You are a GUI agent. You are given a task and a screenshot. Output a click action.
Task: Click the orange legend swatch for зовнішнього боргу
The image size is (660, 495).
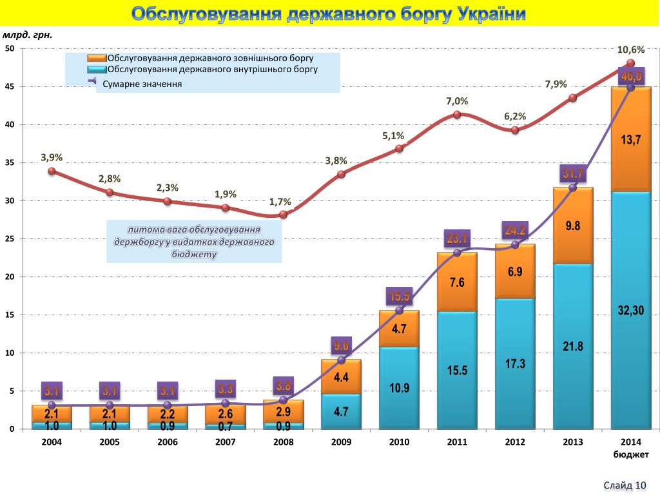(97, 58)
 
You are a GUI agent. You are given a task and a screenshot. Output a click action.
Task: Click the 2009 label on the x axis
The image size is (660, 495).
(341, 442)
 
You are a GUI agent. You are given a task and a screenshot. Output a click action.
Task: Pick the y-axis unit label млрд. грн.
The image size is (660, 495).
(28, 35)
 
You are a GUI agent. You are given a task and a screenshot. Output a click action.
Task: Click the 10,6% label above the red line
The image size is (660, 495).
(630, 50)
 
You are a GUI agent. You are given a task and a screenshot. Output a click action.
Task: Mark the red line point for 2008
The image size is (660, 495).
(283, 215)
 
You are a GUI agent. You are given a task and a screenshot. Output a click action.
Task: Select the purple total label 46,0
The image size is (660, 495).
(631, 77)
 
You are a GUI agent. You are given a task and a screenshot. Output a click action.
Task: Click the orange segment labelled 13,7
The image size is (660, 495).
(630, 139)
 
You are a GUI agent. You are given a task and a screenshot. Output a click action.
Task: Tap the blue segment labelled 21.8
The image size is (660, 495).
(572, 347)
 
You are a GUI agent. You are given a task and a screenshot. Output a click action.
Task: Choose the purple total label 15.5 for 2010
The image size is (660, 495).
(399, 297)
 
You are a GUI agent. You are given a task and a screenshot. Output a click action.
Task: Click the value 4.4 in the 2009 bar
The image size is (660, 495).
(341, 378)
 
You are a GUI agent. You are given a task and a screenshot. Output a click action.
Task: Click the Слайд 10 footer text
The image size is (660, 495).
(625, 485)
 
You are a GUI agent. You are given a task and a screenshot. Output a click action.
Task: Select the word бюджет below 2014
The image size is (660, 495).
(630, 454)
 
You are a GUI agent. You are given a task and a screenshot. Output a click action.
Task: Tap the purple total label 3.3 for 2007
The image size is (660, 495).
(225, 389)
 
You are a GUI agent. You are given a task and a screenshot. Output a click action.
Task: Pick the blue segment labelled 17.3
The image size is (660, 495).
(514, 364)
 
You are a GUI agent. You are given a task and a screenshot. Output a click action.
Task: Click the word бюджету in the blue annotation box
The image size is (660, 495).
(194, 255)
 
